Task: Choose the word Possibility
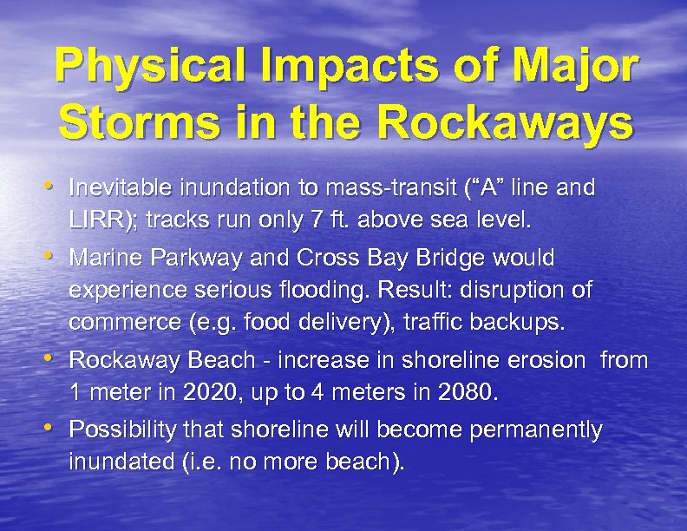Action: click(120, 430)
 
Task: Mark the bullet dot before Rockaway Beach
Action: click(56, 358)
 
